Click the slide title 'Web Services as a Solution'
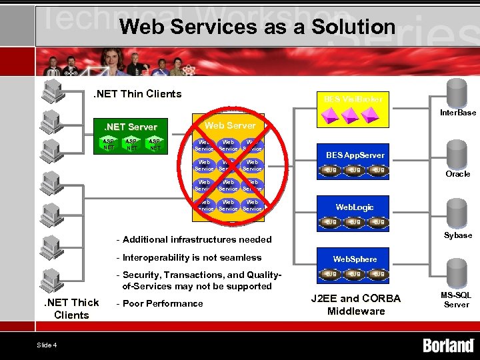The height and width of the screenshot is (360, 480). click(258, 27)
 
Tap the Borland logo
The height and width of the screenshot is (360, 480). click(448, 345)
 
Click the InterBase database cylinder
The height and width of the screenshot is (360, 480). click(457, 92)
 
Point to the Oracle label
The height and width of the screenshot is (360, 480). click(457, 174)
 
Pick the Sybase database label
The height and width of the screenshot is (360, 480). click(457, 235)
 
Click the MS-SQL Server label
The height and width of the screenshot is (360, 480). click(457, 299)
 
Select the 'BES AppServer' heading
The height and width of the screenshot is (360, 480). click(355, 155)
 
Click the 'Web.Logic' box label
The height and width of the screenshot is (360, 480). click(355, 207)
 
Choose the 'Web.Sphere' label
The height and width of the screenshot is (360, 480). click(355, 259)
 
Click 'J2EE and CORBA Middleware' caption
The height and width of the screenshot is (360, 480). click(356, 305)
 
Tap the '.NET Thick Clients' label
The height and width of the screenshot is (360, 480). click(71, 309)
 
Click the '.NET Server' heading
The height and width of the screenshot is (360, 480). click(130, 127)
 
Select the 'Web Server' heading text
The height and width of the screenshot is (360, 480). click(229, 125)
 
